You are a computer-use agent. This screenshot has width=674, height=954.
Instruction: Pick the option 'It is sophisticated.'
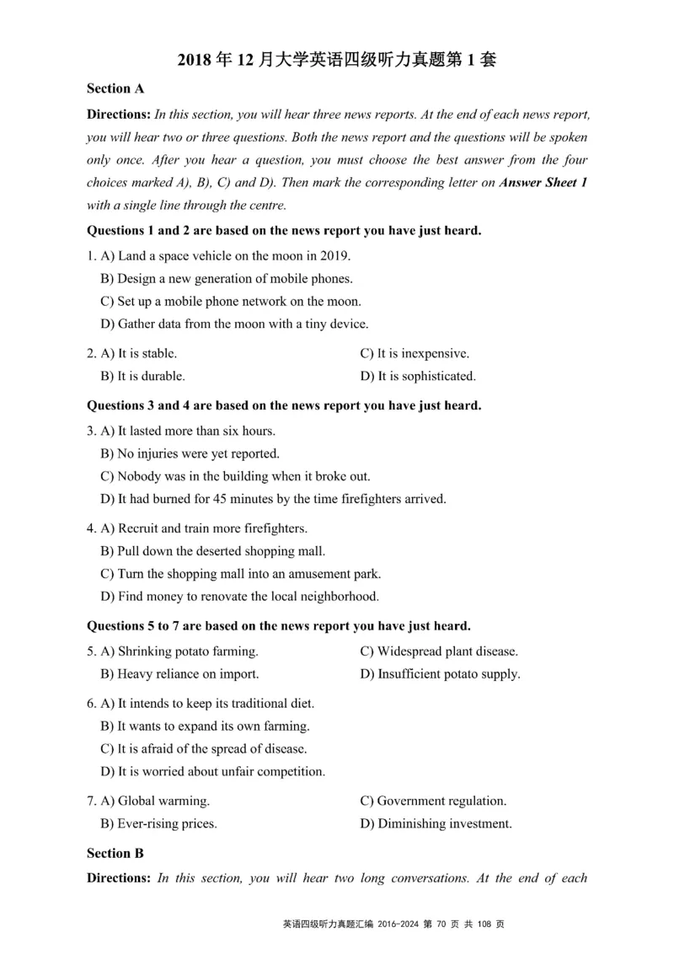click(418, 377)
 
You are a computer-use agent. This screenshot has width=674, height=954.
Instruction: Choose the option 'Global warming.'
click(155, 801)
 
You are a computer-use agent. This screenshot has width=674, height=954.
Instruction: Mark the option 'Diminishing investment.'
click(436, 824)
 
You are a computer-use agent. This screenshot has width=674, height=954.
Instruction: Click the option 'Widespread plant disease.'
click(439, 651)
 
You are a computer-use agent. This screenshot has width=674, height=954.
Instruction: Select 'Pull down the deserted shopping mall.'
click(212, 551)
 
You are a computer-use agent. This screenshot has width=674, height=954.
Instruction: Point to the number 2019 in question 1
click(334, 255)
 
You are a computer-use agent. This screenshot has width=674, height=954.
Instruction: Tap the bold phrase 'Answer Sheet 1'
click(543, 182)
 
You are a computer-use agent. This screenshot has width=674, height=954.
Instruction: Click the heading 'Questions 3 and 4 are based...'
click(284, 405)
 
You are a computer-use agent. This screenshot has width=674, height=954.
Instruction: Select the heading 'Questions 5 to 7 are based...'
click(279, 625)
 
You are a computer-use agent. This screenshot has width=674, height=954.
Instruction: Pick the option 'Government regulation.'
click(433, 801)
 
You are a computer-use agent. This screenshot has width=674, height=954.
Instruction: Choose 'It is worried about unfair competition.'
click(212, 772)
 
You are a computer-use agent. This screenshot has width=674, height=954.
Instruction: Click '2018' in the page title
click(195, 60)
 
